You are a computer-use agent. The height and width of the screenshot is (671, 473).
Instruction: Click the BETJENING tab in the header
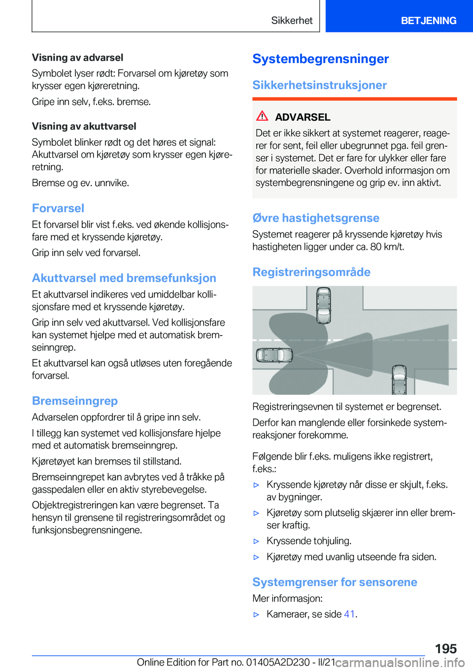click(x=428, y=21)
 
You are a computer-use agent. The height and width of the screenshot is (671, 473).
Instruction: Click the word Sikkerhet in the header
click(x=292, y=21)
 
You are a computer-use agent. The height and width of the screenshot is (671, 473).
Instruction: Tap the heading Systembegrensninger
click(x=320, y=59)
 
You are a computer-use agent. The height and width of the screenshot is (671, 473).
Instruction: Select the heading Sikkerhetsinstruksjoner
click(x=319, y=85)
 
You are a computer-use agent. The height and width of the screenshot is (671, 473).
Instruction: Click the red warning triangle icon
click(x=262, y=116)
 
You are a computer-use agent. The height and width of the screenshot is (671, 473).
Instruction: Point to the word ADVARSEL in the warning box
click(x=303, y=117)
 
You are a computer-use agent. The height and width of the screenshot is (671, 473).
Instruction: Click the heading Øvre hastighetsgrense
click(x=316, y=218)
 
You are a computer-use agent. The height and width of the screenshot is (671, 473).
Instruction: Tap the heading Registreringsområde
click(x=311, y=272)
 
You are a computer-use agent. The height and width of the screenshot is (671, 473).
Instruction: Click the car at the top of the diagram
click(x=323, y=305)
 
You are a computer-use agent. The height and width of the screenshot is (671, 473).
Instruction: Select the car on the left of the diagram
click(x=274, y=355)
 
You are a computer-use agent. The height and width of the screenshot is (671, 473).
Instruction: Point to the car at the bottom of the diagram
click(x=399, y=380)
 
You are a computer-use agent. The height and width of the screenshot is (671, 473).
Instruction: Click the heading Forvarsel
click(x=58, y=208)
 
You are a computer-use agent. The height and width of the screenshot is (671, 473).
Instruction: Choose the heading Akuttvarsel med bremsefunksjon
click(x=124, y=278)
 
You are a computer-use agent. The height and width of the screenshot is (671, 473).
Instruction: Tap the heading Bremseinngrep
click(x=75, y=401)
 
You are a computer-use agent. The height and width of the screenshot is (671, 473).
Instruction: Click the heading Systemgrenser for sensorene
click(x=335, y=582)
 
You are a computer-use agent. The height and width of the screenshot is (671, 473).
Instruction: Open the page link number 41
click(x=349, y=614)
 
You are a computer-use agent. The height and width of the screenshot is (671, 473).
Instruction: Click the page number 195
click(x=445, y=649)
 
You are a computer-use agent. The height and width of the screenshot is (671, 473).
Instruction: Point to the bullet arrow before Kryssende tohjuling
click(x=256, y=541)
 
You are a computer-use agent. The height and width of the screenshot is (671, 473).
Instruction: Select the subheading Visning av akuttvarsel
click(x=84, y=127)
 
